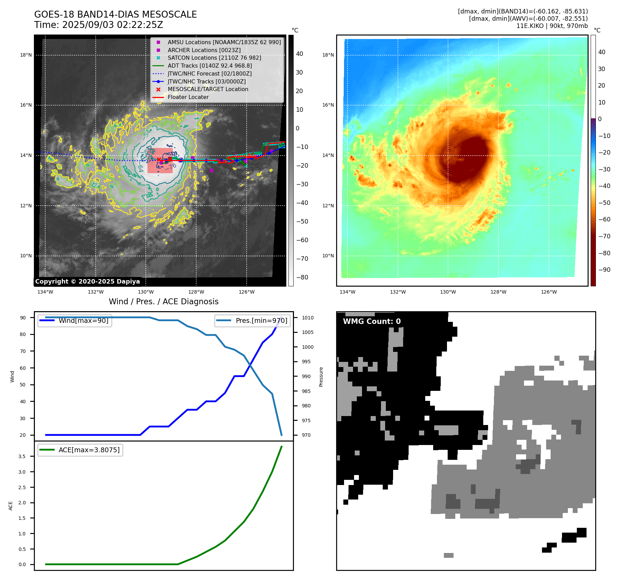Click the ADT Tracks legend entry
(210, 66)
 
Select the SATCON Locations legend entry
(214, 58)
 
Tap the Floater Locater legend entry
(188, 97)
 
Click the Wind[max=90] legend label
(83, 320)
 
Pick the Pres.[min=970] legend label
(261, 320)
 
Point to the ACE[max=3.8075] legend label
(89, 450)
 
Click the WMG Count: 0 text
(372, 322)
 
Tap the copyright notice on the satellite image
(87, 281)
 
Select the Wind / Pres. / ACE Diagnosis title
(163, 302)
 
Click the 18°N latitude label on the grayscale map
(26, 55)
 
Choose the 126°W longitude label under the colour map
(549, 292)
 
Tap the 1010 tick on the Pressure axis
(307, 318)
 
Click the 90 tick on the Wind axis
(23, 318)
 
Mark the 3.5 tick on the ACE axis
(22, 456)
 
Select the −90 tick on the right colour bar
(604, 270)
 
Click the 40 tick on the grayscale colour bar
(299, 54)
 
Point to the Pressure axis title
(321, 376)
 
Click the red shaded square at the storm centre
(160, 161)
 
